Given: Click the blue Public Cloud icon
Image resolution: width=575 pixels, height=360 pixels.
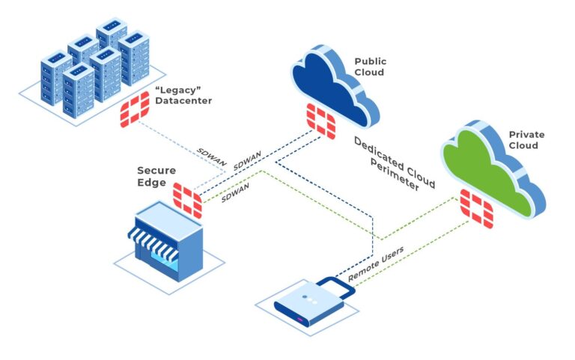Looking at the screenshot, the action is pos(335,86).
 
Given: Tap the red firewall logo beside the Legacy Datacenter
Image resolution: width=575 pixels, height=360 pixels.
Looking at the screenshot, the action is pos(135,109).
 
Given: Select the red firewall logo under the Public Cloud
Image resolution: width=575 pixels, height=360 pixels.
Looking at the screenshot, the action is pos(321,121).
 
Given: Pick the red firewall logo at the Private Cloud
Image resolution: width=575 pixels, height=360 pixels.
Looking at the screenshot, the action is pos(477,208).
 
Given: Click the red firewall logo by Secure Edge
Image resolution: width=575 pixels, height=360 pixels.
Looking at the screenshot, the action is pos(187,200).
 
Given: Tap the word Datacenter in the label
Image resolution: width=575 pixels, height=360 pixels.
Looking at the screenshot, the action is pos(183,101).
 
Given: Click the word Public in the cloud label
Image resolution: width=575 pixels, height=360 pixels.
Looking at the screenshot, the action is pos(371,61).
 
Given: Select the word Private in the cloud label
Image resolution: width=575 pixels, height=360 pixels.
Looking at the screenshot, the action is pos(526,135).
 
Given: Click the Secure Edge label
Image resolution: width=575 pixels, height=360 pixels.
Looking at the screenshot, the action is pos(156,177).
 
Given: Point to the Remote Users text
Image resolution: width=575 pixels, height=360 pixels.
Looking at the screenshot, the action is pos(376,263).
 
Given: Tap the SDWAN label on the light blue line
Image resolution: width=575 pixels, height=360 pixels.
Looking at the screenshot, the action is pos(212,157).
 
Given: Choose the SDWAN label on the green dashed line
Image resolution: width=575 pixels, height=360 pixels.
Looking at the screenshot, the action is pos(235,192).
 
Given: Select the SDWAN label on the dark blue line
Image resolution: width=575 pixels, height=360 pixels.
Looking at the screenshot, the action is pos(248,161).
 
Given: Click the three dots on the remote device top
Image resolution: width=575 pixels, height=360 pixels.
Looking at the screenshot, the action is pos(310,299).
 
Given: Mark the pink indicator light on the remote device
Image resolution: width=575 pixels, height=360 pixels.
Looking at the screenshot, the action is pos(300,320).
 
